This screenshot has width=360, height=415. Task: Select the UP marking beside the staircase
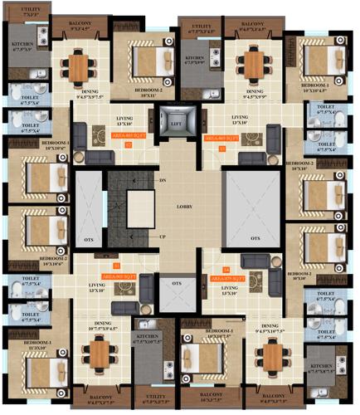163,237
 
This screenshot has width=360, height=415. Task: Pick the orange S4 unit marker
225,269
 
